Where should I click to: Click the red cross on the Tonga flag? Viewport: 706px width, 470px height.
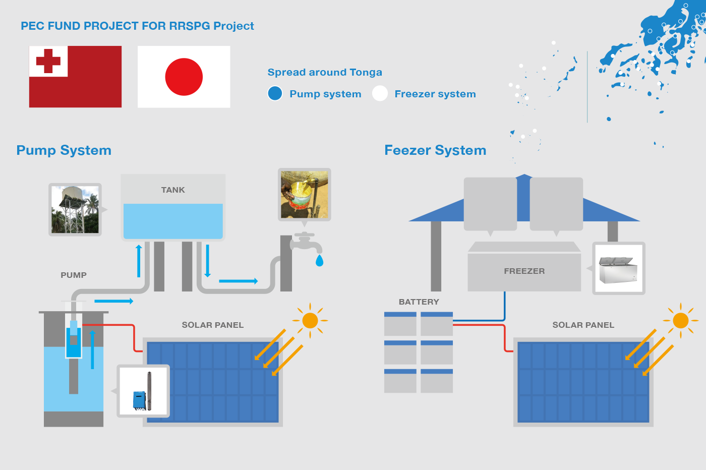click(48, 61)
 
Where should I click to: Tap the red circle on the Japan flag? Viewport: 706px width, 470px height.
click(184, 77)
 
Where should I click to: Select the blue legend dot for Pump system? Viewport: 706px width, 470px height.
click(275, 94)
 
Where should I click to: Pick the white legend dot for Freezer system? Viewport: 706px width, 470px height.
click(380, 94)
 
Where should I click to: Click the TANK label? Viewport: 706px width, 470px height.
click(173, 190)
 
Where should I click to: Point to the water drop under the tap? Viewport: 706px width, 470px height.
click(319, 261)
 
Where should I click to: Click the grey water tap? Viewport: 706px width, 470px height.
click(306, 243)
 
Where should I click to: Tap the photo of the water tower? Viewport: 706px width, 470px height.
click(75, 210)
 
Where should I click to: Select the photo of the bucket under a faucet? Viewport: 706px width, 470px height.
click(304, 195)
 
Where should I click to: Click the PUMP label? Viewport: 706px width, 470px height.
click(74, 275)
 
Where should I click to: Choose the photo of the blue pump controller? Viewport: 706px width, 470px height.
click(143, 391)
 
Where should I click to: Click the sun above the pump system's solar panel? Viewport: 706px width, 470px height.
click(310, 321)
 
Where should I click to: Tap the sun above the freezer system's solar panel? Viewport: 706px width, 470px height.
click(680, 321)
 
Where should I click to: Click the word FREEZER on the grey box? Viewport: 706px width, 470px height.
click(524, 271)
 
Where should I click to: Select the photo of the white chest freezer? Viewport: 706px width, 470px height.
click(619, 269)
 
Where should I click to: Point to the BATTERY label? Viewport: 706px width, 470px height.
click(419, 302)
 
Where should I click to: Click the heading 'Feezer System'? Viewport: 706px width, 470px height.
click(435, 150)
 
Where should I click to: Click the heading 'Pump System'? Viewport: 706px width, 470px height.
click(64, 150)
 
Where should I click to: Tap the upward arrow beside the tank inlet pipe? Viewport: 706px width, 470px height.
click(139, 261)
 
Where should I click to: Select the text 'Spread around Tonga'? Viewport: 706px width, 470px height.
click(325, 72)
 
